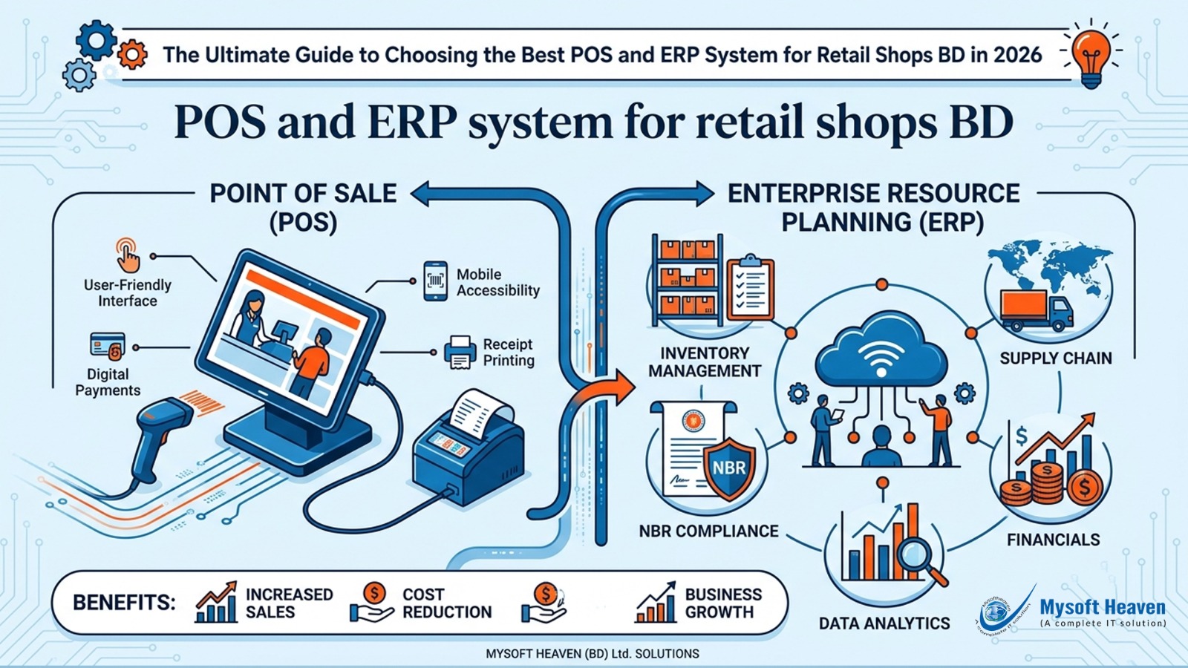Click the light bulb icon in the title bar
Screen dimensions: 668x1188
pyautogui.click(x=1091, y=56)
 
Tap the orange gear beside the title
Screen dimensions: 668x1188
pyautogui.click(x=132, y=54)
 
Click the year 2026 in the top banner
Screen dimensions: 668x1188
pyautogui.click(x=1017, y=55)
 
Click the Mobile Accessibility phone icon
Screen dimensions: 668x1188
pyautogui.click(x=435, y=281)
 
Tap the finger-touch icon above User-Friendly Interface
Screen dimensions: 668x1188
pyautogui.click(x=127, y=255)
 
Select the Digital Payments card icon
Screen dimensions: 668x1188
pyautogui.click(x=107, y=347)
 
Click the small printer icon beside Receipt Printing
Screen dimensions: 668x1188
pyautogui.click(x=460, y=352)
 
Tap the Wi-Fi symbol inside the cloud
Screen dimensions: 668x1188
pyautogui.click(x=881, y=358)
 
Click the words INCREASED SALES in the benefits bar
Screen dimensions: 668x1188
pyautogui.click(x=289, y=603)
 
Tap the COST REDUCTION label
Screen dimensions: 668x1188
pyautogui.click(x=446, y=603)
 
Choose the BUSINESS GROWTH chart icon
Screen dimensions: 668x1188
pyautogui.click(x=655, y=603)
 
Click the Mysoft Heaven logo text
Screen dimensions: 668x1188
pyautogui.click(x=1102, y=608)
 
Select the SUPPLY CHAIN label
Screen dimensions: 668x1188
pyautogui.click(x=1055, y=358)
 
